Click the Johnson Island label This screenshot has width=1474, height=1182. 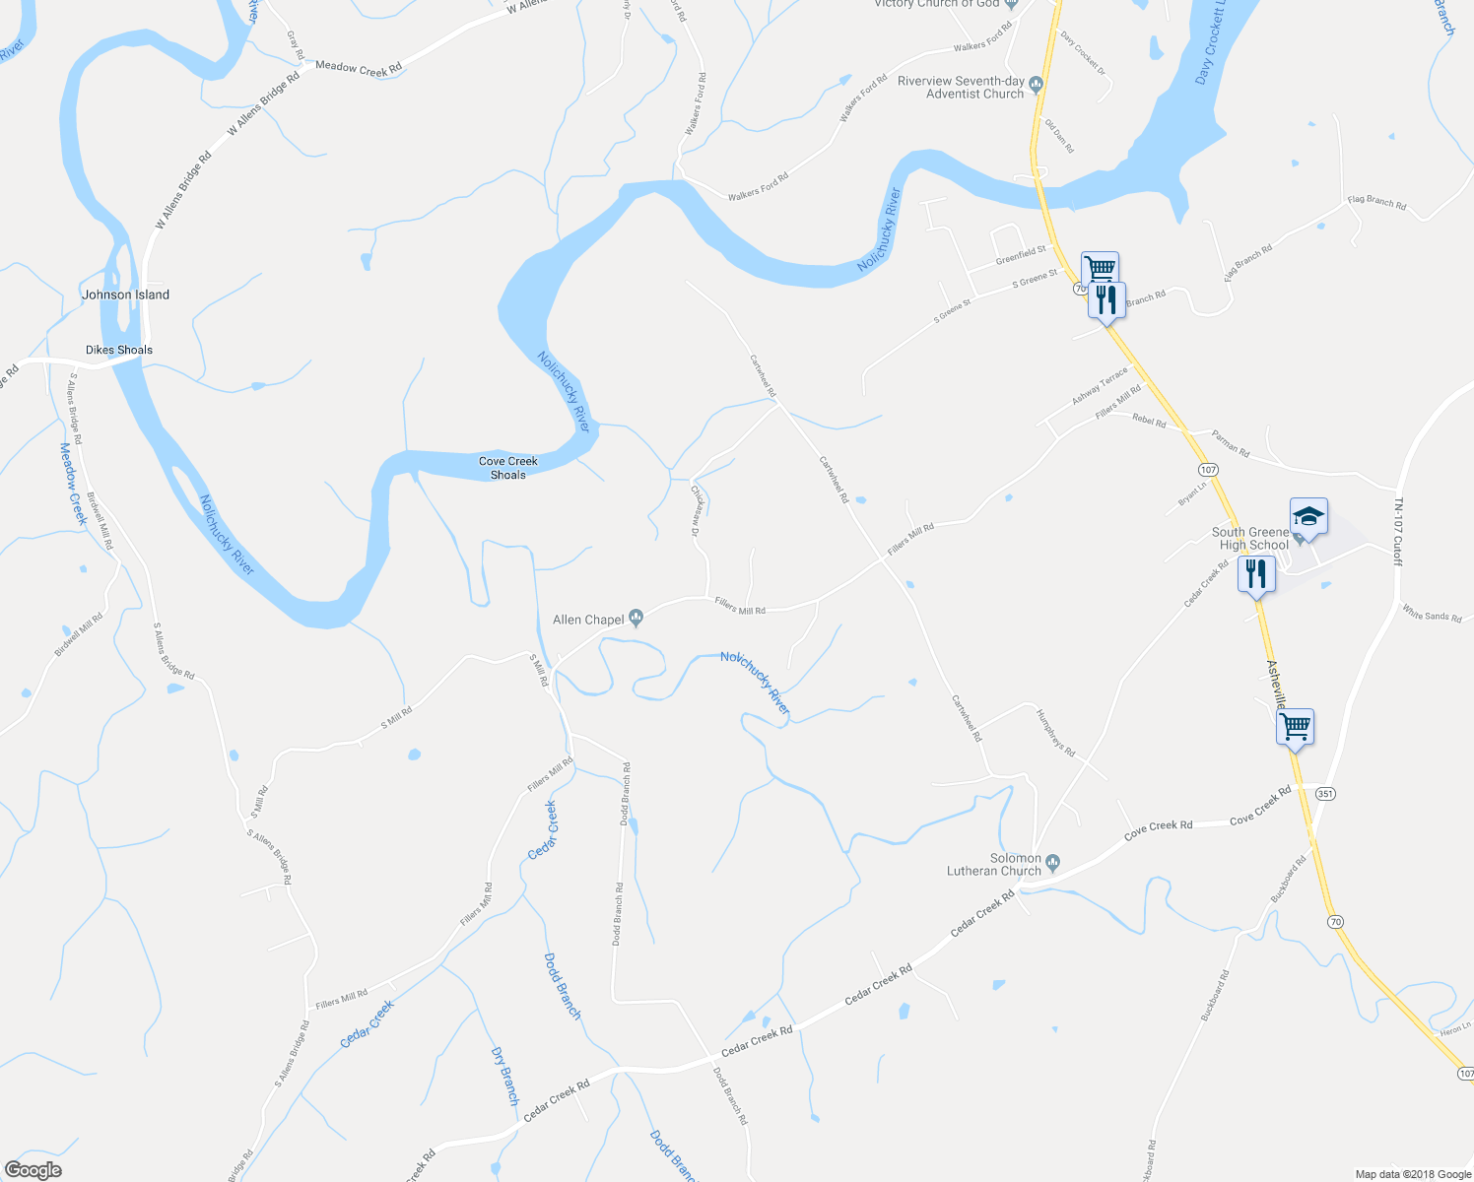pyautogui.click(x=125, y=295)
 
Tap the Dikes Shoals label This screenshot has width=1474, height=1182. pyautogui.click(x=119, y=350)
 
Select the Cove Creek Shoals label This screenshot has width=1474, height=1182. pyautogui.click(x=508, y=468)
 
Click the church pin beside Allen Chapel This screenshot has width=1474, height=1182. pyautogui.click(x=636, y=619)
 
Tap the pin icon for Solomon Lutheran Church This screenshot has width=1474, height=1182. pyautogui.click(x=1052, y=863)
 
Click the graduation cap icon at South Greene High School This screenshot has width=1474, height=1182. pyautogui.click(x=1308, y=516)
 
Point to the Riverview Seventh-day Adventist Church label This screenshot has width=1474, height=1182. pyautogui.click(x=961, y=88)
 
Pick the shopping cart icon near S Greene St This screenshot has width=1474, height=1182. pyautogui.click(x=1100, y=268)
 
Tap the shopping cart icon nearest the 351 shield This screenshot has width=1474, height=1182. pyautogui.click(x=1296, y=727)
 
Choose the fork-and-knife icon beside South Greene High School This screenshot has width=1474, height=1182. pyautogui.click(x=1256, y=573)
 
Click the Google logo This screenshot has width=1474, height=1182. pyautogui.click(x=33, y=1169)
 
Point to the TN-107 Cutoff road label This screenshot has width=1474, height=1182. pyautogui.click(x=1397, y=532)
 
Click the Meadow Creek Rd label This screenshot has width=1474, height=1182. pyautogui.click(x=359, y=68)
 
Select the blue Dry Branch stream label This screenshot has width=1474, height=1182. pyautogui.click(x=504, y=1076)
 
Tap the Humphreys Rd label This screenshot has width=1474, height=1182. pyautogui.click(x=1055, y=733)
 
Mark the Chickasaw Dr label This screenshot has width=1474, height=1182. pyautogui.click(x=696, y=510)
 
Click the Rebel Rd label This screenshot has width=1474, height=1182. pyautogui.click(x=1149, y=422)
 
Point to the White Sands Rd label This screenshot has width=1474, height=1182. pyautogui.click(x=1432, y=616)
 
